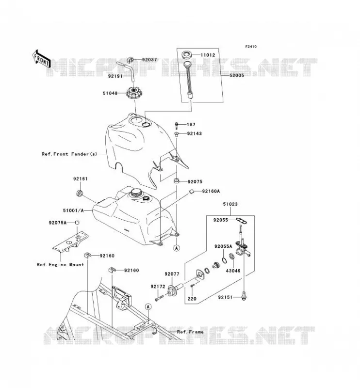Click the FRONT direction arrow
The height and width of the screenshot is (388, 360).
(x=42, y=60)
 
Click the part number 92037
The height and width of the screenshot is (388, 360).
(x=149, y=60)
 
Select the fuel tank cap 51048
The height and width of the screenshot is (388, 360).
(x=135, y=93)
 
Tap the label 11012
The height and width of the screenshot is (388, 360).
(x=208, y=55)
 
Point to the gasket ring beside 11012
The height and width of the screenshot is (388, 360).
(x=187, y=55)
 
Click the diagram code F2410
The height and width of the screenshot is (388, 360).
(x=251, y=47)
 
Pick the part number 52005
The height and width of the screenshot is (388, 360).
(x=236, y=75)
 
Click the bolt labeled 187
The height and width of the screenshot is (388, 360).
(x=177, y=126)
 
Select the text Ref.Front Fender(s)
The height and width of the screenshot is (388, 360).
(x=69, y=154)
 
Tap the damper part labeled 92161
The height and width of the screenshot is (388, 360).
(x=80, y=193)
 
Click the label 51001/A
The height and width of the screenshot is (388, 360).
(x=73, y=210)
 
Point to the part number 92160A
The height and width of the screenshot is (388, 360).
(x=211, y=191)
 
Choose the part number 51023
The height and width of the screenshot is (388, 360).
(x=230, y=204)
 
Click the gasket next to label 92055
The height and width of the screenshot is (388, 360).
(x=242, y=220)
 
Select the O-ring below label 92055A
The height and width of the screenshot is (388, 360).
(x=224, y=260)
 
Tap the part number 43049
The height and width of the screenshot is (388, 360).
(x=233, y=271)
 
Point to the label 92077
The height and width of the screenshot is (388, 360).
(x=172, y=274)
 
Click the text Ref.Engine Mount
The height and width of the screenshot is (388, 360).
(x=61, y=264)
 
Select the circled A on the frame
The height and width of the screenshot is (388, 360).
(x=148, y=307)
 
